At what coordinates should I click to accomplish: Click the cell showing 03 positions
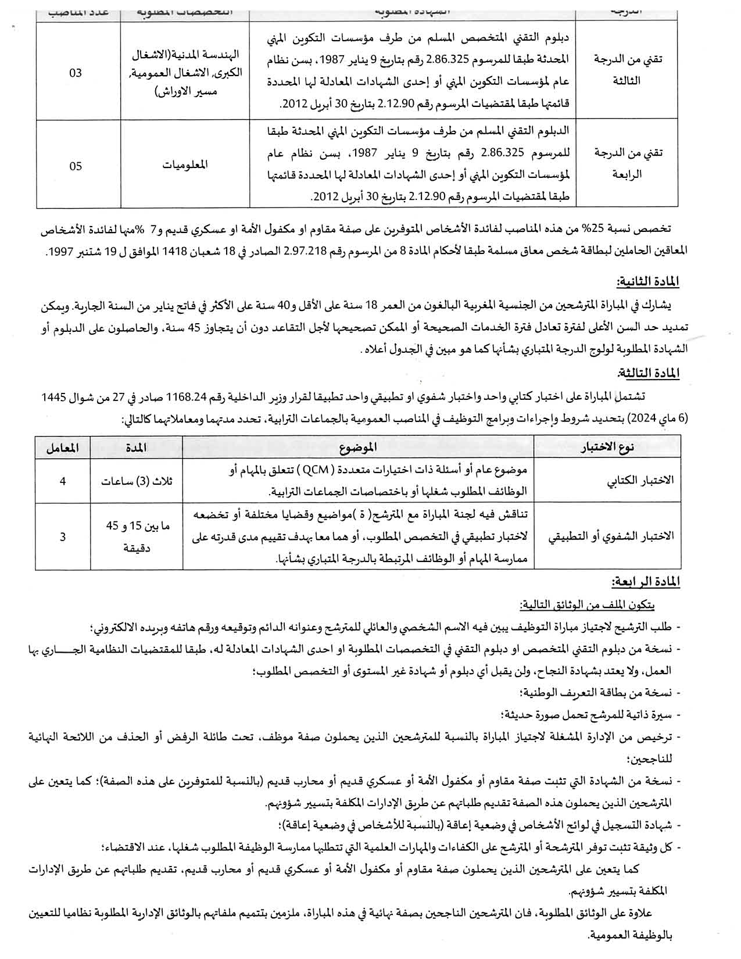point(76,73)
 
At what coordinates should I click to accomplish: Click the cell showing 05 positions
point(76,166)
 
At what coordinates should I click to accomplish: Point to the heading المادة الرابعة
point(646,582)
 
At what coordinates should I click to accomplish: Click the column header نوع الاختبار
point(608,447)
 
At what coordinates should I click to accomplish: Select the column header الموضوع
point(359,447)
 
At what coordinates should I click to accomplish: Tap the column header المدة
point(136,447)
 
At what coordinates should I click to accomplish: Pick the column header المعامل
point(63,447)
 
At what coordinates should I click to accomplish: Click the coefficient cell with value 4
point(63,481)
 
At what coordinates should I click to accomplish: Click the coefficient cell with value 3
point(63,536)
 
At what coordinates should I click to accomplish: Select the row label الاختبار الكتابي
point(639,481)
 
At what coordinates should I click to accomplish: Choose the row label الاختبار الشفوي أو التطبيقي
point(611,536)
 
